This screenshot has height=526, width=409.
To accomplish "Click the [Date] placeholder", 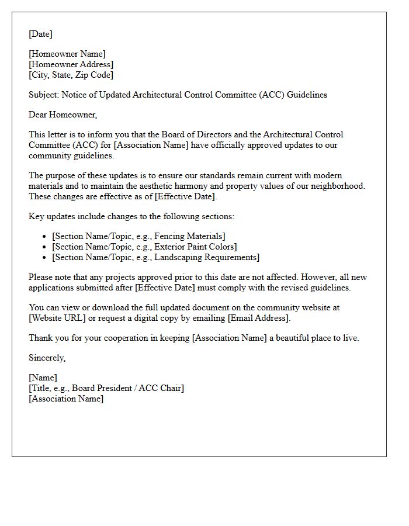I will pos(40,34).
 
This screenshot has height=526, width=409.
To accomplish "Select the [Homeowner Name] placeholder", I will pos(67,54).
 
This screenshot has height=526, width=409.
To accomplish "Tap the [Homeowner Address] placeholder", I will pos(71,64).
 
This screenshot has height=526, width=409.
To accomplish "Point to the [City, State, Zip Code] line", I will pos(71,75).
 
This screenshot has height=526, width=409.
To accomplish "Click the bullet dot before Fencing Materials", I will pos(45,236).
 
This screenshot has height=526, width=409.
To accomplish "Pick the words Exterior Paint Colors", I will pos(195,247).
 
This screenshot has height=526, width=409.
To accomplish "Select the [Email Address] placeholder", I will pos(258,318).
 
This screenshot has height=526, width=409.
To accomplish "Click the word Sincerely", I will pos(47,358).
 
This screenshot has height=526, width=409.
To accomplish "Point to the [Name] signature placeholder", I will pos(43,378).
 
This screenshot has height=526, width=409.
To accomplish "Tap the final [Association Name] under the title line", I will pos(66,399).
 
